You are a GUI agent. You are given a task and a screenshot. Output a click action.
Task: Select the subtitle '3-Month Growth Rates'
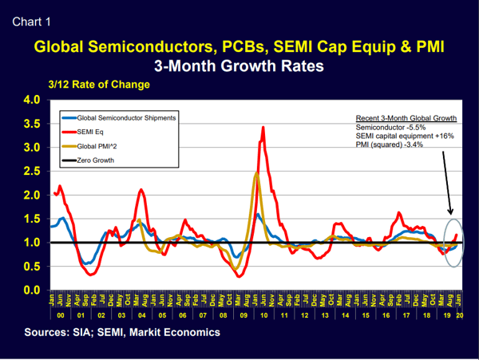point(239,67)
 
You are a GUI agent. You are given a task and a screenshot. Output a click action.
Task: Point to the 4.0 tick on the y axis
point(31,101)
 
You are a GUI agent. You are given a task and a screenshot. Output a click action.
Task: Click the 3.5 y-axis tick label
point(31,125)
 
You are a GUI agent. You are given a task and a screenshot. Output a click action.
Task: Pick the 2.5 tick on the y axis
point(31,172)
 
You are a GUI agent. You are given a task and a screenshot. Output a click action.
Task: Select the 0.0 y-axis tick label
point(31,290)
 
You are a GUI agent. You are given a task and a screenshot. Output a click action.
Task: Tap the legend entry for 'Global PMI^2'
point(97,146)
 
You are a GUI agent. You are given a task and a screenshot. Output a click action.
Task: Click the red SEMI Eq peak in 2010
point(263,128)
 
